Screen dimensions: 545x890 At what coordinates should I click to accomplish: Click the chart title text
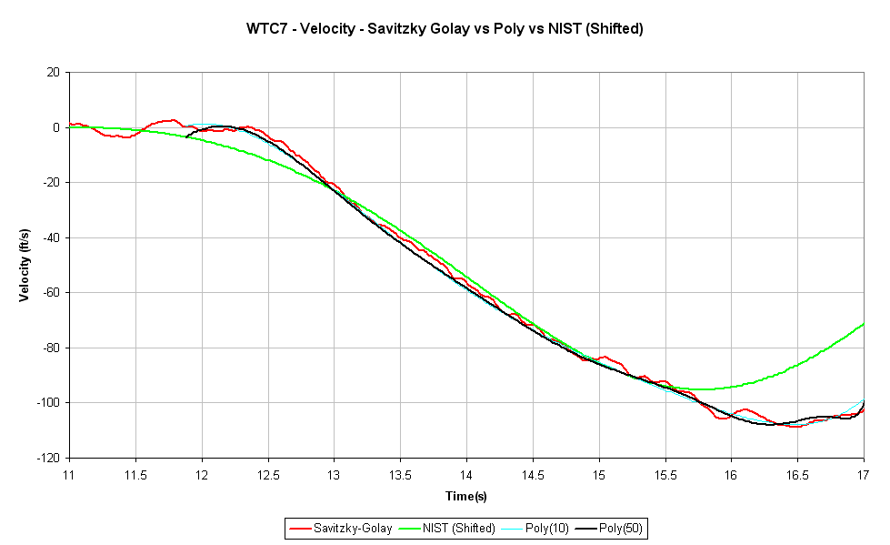[445, 28]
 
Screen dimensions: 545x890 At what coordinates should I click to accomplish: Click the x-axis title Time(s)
[466, 496]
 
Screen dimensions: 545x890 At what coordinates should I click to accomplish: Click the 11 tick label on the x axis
[69, 474]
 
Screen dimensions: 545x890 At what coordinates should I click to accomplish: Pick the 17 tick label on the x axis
[864, 474]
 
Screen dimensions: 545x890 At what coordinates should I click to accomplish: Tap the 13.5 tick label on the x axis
[400, 474]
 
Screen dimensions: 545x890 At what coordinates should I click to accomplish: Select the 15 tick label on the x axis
[599, 474]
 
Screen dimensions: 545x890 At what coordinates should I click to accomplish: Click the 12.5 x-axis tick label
[268, 474]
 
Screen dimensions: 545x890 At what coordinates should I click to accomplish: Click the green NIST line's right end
[864, 323]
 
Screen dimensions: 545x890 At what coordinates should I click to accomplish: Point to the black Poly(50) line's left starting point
[186, 137]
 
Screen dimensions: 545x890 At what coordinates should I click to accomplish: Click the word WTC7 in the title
[264, 28]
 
